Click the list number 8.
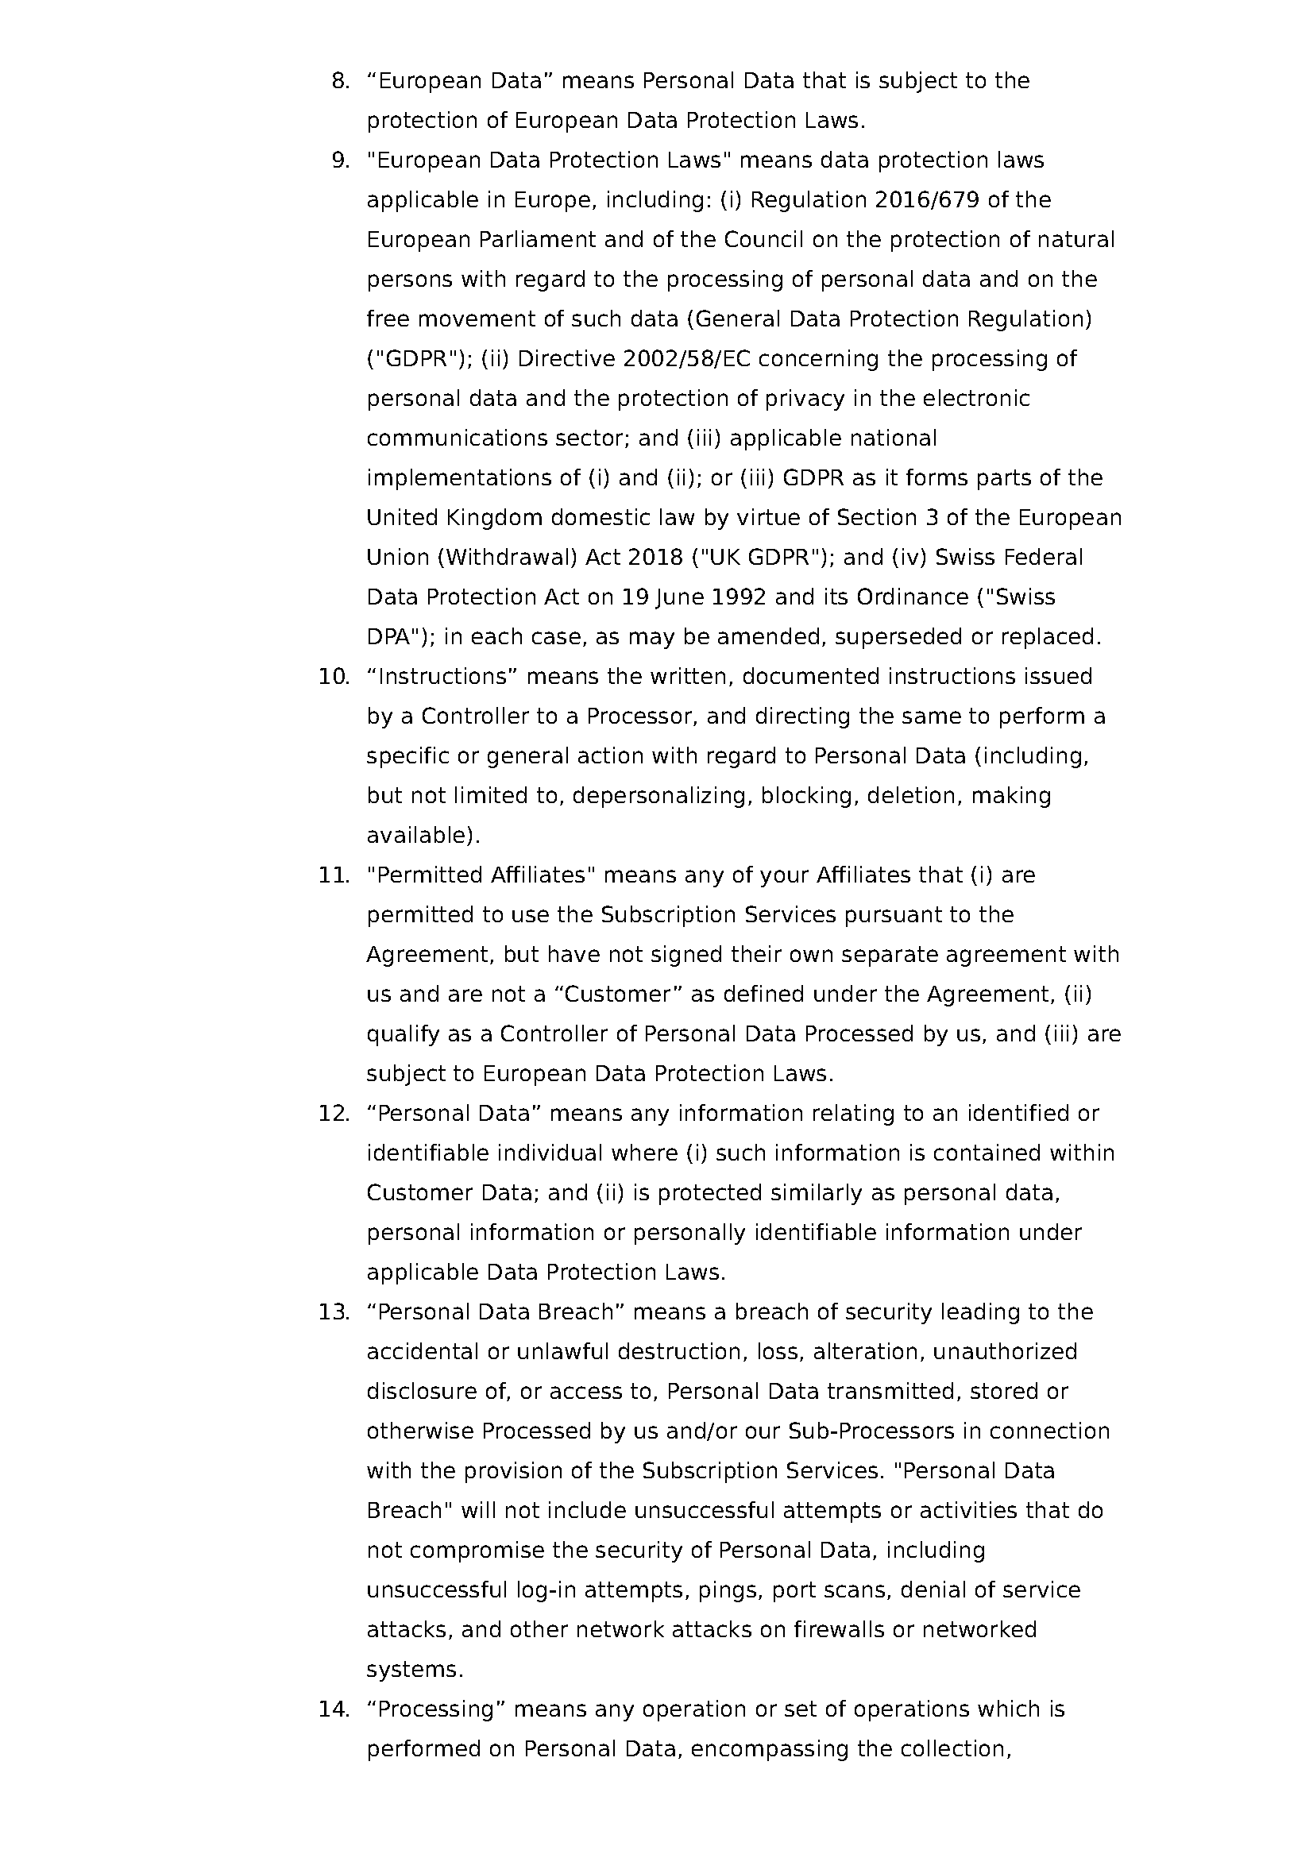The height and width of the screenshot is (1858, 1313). (x=341, y=81)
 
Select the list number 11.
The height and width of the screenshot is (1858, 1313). (x=334, y=875)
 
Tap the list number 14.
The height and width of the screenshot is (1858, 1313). (x=334, y=1709)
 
